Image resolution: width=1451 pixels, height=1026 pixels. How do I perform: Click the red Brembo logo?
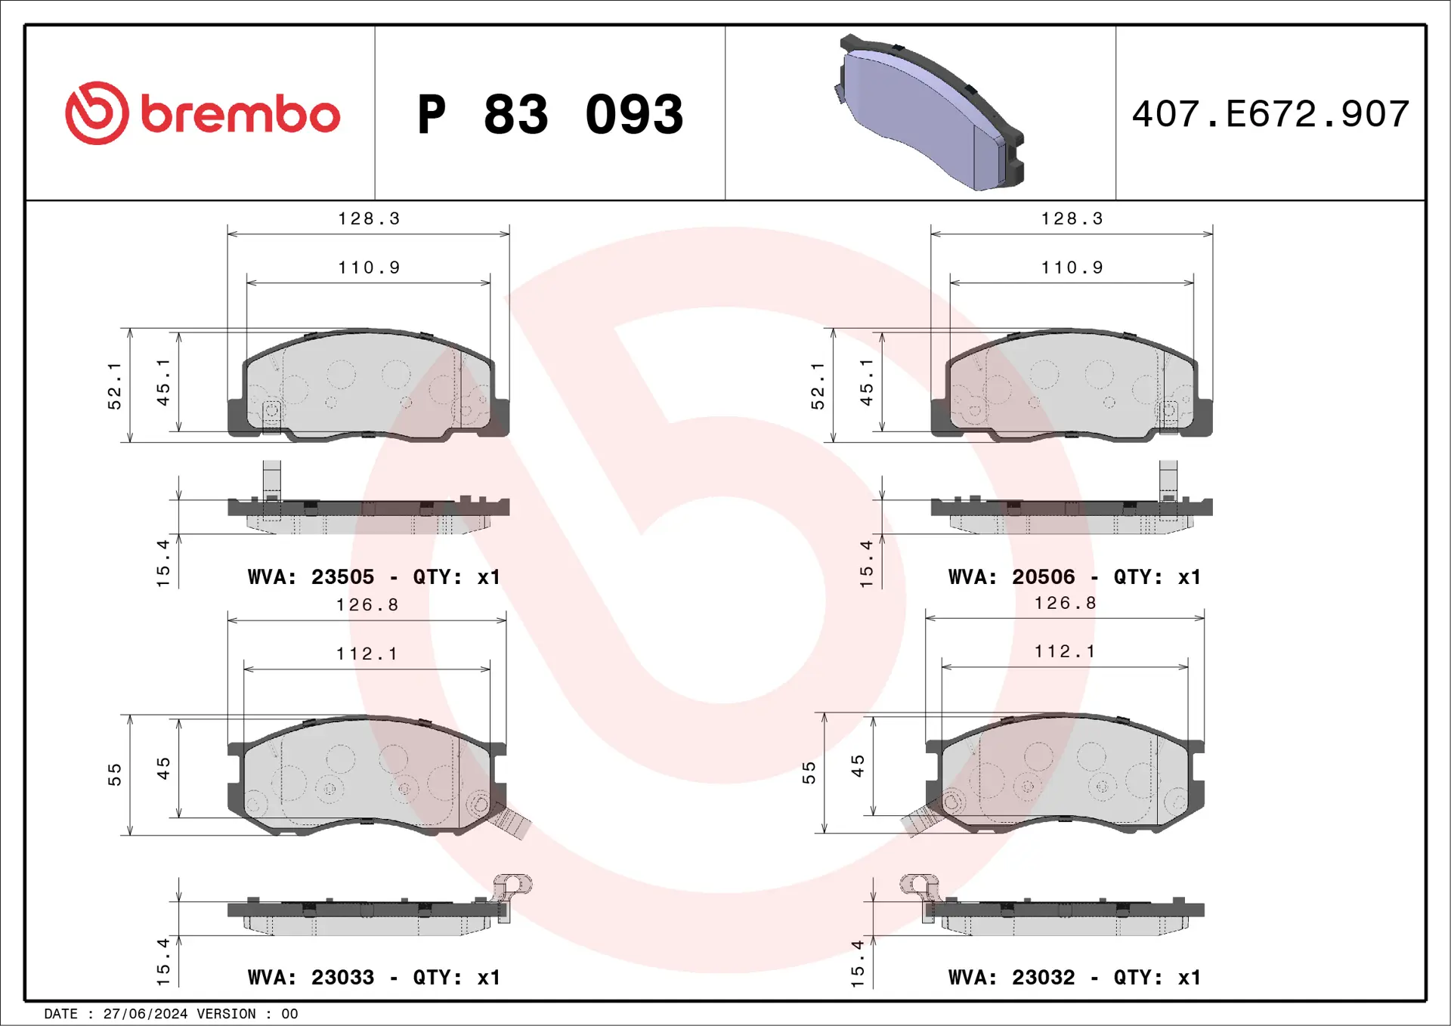pos(202,113)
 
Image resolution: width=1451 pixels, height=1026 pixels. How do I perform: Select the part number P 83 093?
pos(550,115)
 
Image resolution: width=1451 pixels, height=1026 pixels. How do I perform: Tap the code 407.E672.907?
pos(1270,114)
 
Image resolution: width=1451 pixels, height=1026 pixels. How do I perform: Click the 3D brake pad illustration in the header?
pos(930,113)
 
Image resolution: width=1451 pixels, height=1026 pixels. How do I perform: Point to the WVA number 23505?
pos(342,577)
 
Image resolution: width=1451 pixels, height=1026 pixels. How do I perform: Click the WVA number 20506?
pos(1043,577)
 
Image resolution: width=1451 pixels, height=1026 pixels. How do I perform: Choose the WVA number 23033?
pos(342,978)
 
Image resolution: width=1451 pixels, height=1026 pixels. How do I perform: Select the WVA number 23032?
pos(1043,978)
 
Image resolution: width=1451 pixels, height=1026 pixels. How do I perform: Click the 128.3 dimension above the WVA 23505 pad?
pos(369,219)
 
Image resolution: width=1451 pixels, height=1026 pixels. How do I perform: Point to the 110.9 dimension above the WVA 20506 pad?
pos(1072,267)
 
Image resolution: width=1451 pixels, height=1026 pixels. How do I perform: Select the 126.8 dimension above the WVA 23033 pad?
pos(367,605)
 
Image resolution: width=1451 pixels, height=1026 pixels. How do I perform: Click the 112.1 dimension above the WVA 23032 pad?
pos(1065,651)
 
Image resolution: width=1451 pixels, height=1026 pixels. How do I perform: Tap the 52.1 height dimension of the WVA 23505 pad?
pos(114,386)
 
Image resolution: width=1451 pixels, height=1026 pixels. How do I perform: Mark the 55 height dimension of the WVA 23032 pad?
pos(809,772)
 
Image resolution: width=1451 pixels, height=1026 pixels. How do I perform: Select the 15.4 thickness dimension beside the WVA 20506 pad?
pos(866,564)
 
